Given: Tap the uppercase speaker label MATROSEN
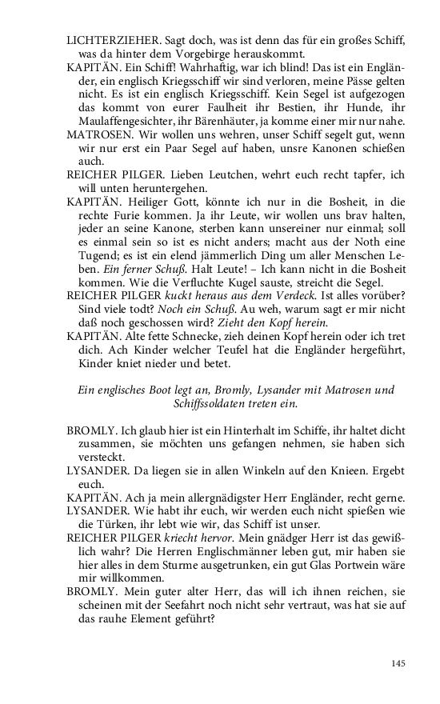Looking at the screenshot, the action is point(97,134).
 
